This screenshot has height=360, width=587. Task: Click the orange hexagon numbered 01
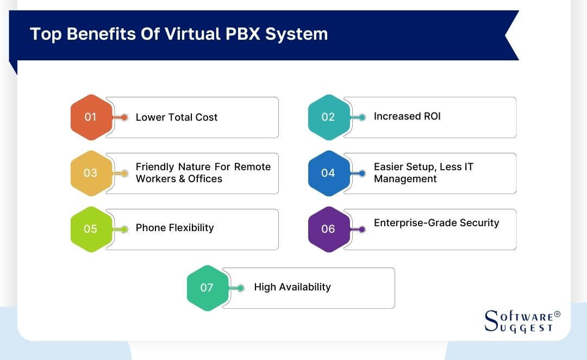91,117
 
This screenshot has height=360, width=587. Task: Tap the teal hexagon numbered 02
328,117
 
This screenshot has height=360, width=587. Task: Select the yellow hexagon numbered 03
91,173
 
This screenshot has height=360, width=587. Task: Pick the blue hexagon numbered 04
328,173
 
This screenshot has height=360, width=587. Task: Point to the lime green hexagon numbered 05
91,229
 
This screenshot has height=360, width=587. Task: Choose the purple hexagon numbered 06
328,229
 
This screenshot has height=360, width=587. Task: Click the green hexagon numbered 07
207,288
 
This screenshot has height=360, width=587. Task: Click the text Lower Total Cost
177,117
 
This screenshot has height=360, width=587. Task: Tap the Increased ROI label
407,116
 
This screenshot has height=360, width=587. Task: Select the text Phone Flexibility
174,228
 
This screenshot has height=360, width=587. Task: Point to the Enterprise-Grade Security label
436,222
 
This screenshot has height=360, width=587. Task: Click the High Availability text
292,287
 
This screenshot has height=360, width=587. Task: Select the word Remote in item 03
252,167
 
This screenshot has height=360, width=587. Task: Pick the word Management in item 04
405,179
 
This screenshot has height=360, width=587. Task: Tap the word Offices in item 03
205,179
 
